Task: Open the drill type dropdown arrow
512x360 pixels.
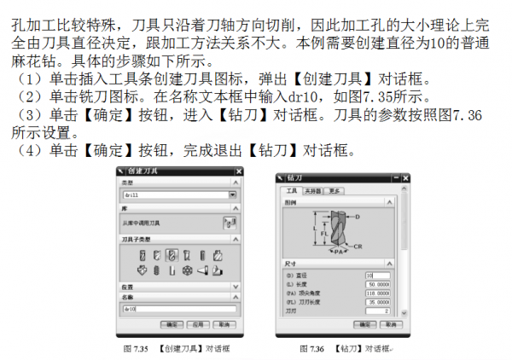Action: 233,195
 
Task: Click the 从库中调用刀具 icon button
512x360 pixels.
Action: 228,224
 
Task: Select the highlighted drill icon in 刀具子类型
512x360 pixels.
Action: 172,255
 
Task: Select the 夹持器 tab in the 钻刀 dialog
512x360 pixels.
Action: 311,190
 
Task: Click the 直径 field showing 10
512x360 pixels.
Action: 376,276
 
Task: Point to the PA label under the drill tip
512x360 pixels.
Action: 338,253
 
